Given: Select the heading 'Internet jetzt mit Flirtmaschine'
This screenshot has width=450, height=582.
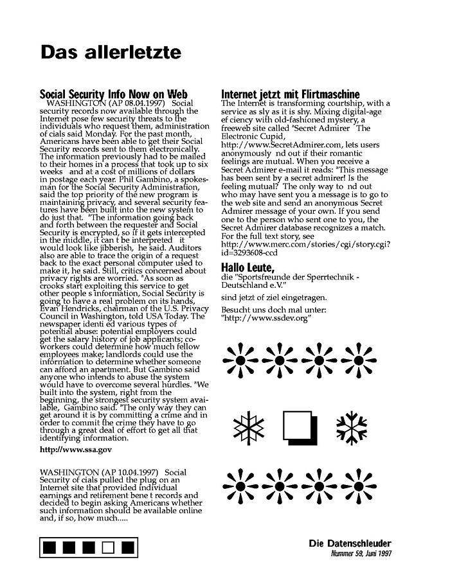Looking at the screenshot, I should click(290, 94).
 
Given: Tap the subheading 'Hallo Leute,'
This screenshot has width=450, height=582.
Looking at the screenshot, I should click(248, 267).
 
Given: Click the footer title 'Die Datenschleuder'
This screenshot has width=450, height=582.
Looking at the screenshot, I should click(350, 543).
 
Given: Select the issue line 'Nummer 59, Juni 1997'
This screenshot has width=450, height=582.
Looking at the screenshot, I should click(360, 553).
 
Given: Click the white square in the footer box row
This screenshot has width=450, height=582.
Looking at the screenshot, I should click(109, 548).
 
